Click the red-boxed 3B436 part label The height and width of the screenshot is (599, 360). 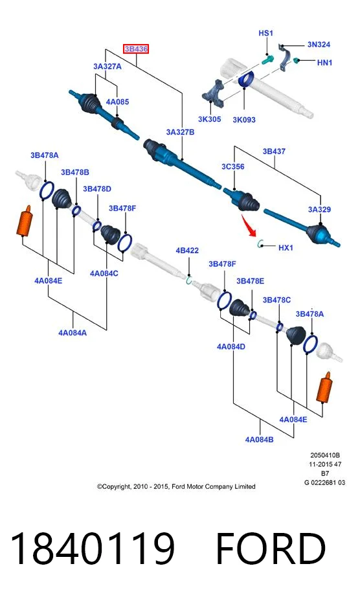136,49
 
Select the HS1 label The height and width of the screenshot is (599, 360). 265,33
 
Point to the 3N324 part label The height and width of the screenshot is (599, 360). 319,44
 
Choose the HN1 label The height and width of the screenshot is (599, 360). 324,62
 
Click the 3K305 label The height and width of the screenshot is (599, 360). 209,119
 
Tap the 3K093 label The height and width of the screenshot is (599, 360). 244,120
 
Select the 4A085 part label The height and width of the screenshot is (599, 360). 117,102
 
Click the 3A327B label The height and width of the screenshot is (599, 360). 180,132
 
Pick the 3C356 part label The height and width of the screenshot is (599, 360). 232,166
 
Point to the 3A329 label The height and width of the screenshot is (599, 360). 319,209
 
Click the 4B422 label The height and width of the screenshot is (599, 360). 187,250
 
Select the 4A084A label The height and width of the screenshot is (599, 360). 73,333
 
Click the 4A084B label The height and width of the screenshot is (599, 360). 259,439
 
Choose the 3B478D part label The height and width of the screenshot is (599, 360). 97,188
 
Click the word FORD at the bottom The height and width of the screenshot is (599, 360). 271,548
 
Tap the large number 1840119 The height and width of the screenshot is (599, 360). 92,548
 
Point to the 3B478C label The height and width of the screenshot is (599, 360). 276,300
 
